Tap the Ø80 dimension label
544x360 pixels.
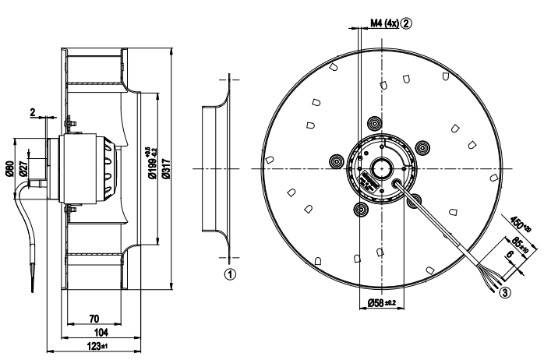10,166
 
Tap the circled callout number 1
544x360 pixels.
229,274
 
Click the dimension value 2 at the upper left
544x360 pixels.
33,112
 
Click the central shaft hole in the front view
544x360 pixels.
382,168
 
